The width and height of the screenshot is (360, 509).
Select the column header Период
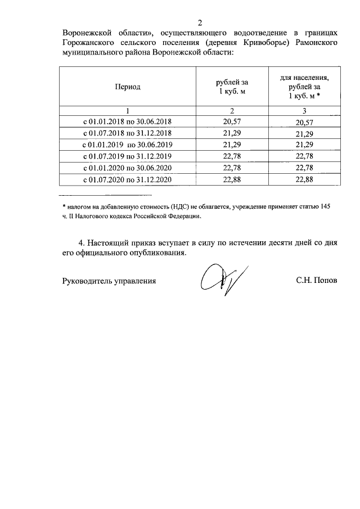128,87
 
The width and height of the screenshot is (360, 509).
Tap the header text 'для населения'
304,78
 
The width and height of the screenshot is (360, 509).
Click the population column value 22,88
304,180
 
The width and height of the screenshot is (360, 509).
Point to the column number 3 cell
304,110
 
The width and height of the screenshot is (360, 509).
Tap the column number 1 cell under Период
128,110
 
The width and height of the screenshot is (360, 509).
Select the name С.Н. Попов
317,280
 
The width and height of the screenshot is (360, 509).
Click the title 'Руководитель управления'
109,280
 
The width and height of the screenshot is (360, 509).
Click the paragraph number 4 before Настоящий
82,243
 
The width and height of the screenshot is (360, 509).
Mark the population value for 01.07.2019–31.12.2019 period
304,156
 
